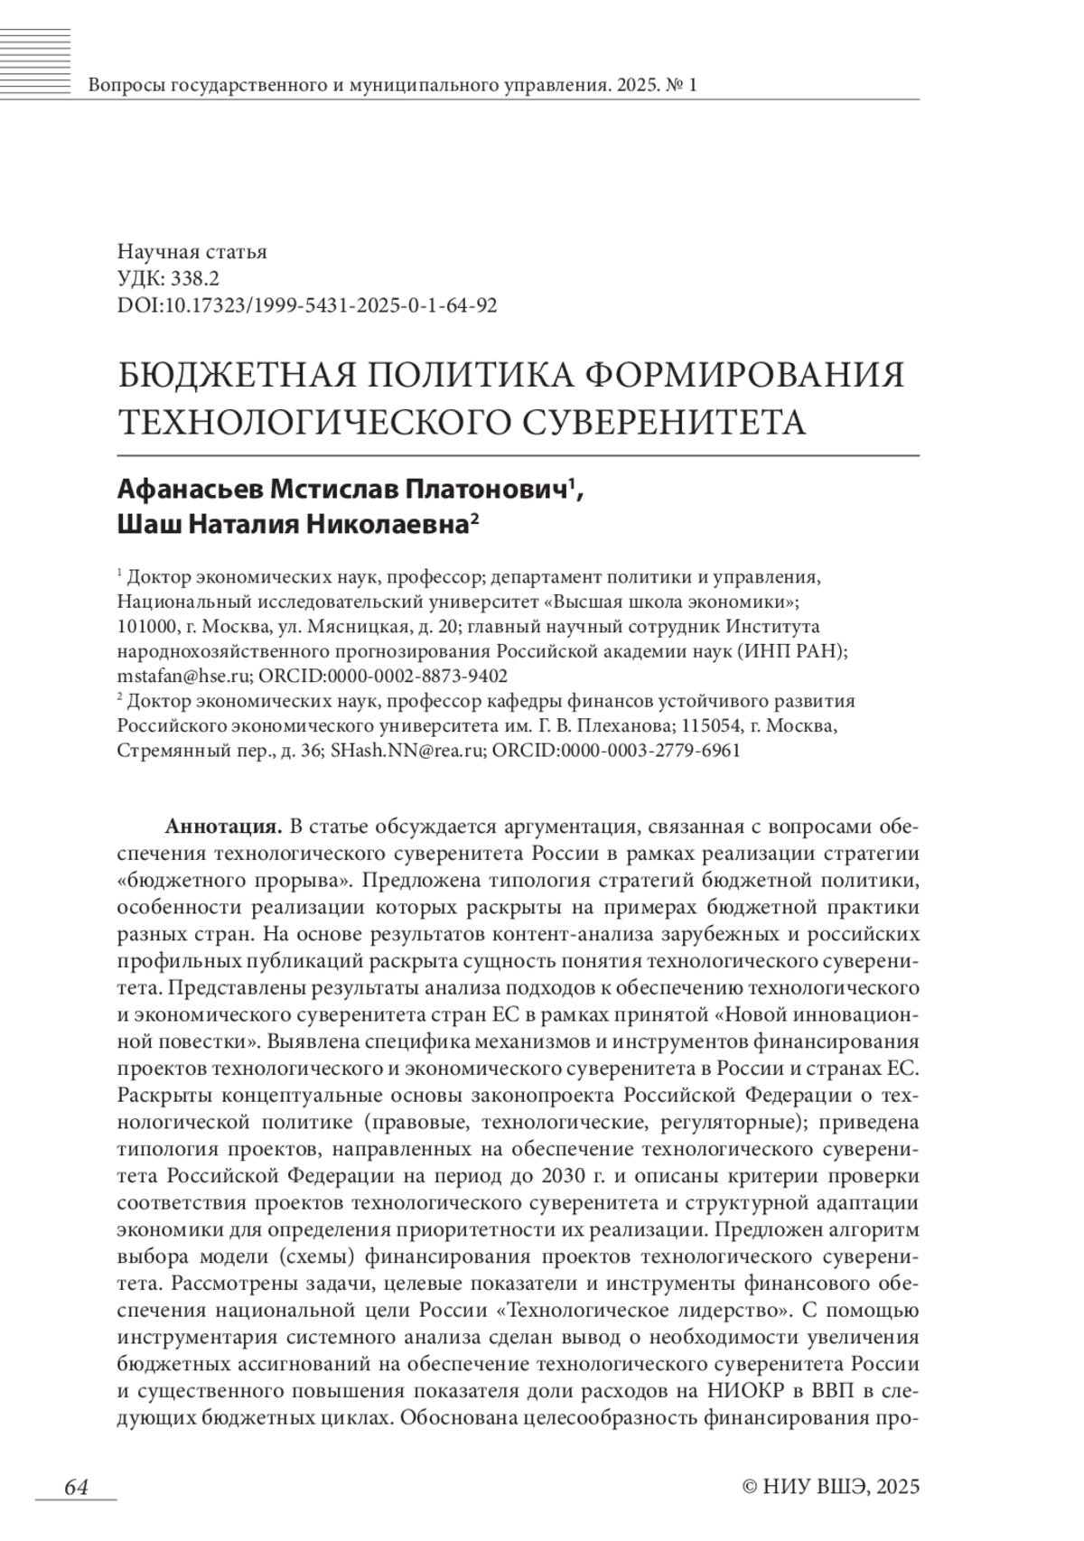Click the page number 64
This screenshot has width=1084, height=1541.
coord(76,1487)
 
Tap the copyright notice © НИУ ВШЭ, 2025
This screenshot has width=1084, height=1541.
coord(829,1487)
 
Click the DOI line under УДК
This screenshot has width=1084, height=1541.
coord(307,305)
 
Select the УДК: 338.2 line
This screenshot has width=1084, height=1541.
coord(168,279)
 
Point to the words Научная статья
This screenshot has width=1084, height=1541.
coord(192,253)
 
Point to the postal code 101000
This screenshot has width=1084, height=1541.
coord(146,626)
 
